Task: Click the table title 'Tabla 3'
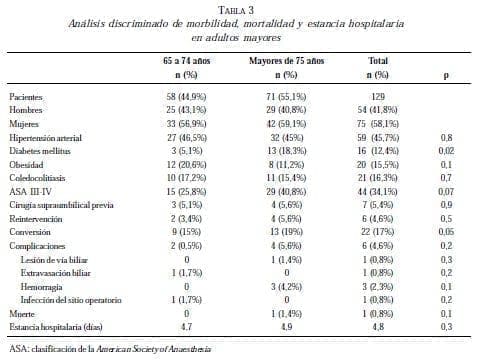pyautogui.click(x=242, y=8)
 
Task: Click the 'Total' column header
pyautogui.click(x=377, y=61)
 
